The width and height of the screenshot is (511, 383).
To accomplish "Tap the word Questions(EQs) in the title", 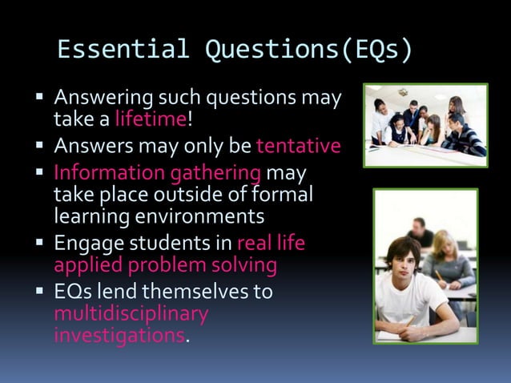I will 309,50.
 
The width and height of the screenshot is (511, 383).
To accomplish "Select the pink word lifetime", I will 150,120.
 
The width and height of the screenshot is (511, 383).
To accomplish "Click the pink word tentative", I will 298,147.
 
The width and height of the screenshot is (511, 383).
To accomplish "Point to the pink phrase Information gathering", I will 157,173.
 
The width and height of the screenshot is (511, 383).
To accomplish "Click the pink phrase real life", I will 272,243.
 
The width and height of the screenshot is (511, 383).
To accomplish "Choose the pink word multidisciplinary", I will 131,312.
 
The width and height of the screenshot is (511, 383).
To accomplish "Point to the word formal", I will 280,195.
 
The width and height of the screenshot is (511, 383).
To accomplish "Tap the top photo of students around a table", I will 424,126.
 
